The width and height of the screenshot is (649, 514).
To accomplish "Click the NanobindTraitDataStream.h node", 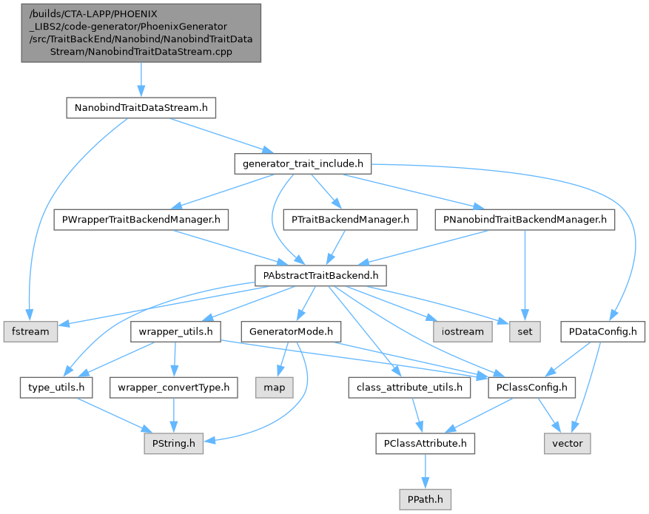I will tap(141, 108).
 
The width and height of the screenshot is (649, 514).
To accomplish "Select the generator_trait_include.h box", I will tap(302, 163).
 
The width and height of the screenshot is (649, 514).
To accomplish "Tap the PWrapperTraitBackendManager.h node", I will tap(141, 220).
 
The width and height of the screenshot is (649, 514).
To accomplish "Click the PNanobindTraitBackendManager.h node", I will tap(525, 220).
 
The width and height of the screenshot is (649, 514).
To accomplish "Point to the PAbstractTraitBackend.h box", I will tap(320, 276).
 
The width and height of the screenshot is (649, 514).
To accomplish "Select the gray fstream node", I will tap(30, 331).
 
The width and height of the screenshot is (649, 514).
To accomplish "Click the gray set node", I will tap(525, 331).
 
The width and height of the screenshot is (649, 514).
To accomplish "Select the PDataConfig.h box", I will tap(603, 331).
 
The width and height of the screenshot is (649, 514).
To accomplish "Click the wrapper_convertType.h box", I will tap(173, 387).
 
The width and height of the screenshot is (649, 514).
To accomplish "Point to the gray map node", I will tap(275, 387).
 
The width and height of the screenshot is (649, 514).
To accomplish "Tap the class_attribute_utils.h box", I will tap(408, 387).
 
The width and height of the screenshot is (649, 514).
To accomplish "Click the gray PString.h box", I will tap(173, 443).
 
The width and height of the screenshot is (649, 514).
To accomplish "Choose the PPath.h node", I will tap(425, 498).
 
